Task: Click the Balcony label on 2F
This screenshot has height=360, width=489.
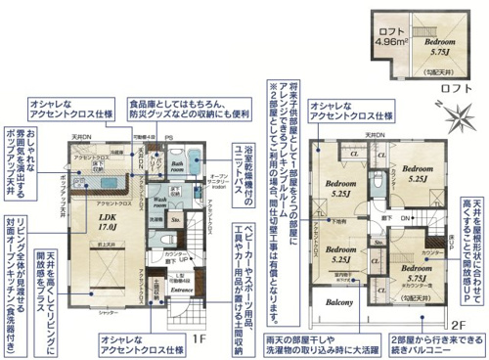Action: pyautogui.click(x=340, y=304)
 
